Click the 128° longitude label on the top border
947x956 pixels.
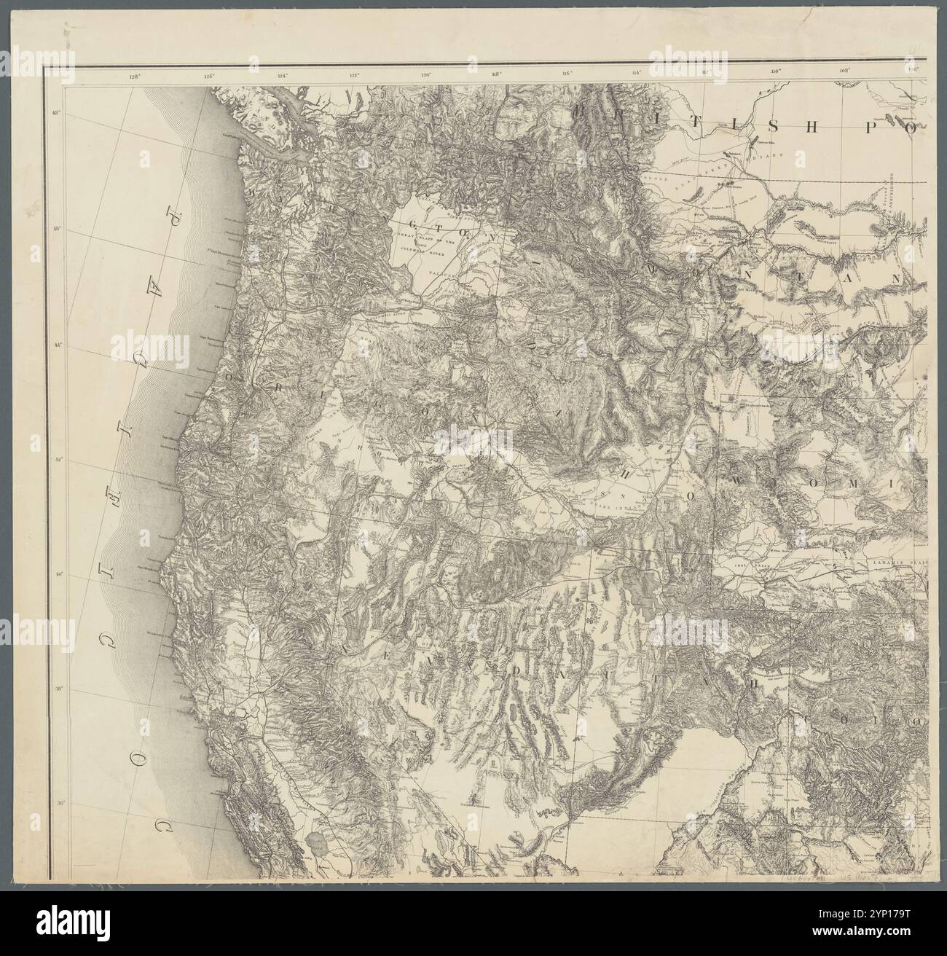click(133, 74)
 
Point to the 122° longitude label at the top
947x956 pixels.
click(355, 74)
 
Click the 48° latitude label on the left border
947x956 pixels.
click(58, 113)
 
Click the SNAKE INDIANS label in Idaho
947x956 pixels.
click(616, 499)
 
